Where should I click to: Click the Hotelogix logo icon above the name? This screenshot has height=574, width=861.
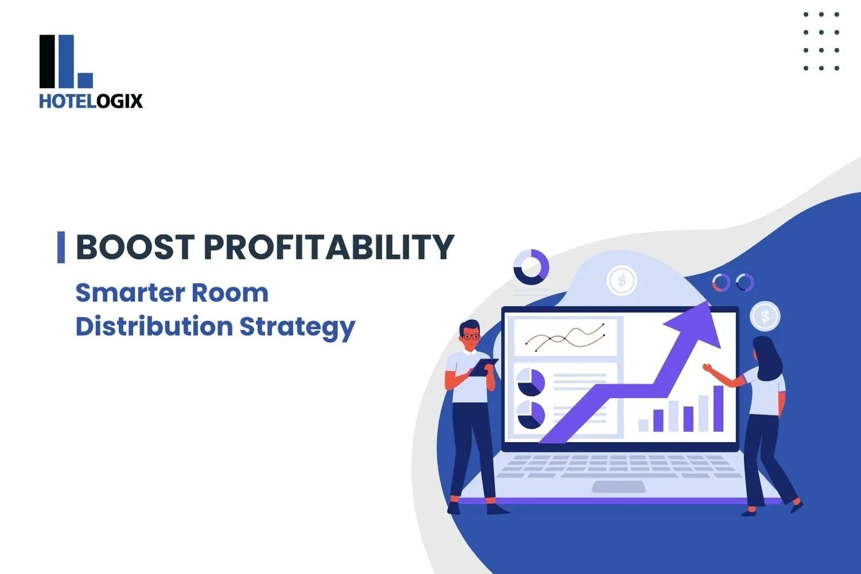pyautogui.click(x=65, y=61)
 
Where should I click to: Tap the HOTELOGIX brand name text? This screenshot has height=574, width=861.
pyautogui.click(x=91, y=101)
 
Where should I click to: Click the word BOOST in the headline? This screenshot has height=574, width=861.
pyautogui.click(x=135, y=247)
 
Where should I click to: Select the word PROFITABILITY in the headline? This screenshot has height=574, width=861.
pyautogui.click(x=328, y=247)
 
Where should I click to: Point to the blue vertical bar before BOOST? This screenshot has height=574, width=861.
pyautogui.click(x=61, y=247)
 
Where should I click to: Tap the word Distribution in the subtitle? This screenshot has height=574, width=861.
pyautogui.click(x=154, y=326)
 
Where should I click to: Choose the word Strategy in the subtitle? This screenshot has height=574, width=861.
pyautogui.click(x=297, y=327)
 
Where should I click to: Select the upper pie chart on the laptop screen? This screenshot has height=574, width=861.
pyautogui.click(x=531, y=382)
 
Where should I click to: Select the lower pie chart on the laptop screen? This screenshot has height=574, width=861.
pyautogui.click(x=531, y=414)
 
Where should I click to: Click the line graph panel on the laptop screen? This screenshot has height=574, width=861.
pyautogui.click(x=565, y=338)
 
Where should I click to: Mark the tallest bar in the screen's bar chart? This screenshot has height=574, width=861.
pyautogui.click(x=718, y=408)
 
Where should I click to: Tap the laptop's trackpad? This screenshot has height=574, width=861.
pyautogui.click(x=618, y=487)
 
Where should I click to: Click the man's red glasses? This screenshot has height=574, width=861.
pyautogui.click(x=471, y=337)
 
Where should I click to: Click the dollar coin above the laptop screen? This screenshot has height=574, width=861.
pyautogui.click(x=622, y=281)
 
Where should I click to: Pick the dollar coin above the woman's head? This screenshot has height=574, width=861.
pyautogui.click(x=765, y=316)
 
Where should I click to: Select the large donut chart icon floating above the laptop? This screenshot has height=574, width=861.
pyautogui.click(x=531, y=267)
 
